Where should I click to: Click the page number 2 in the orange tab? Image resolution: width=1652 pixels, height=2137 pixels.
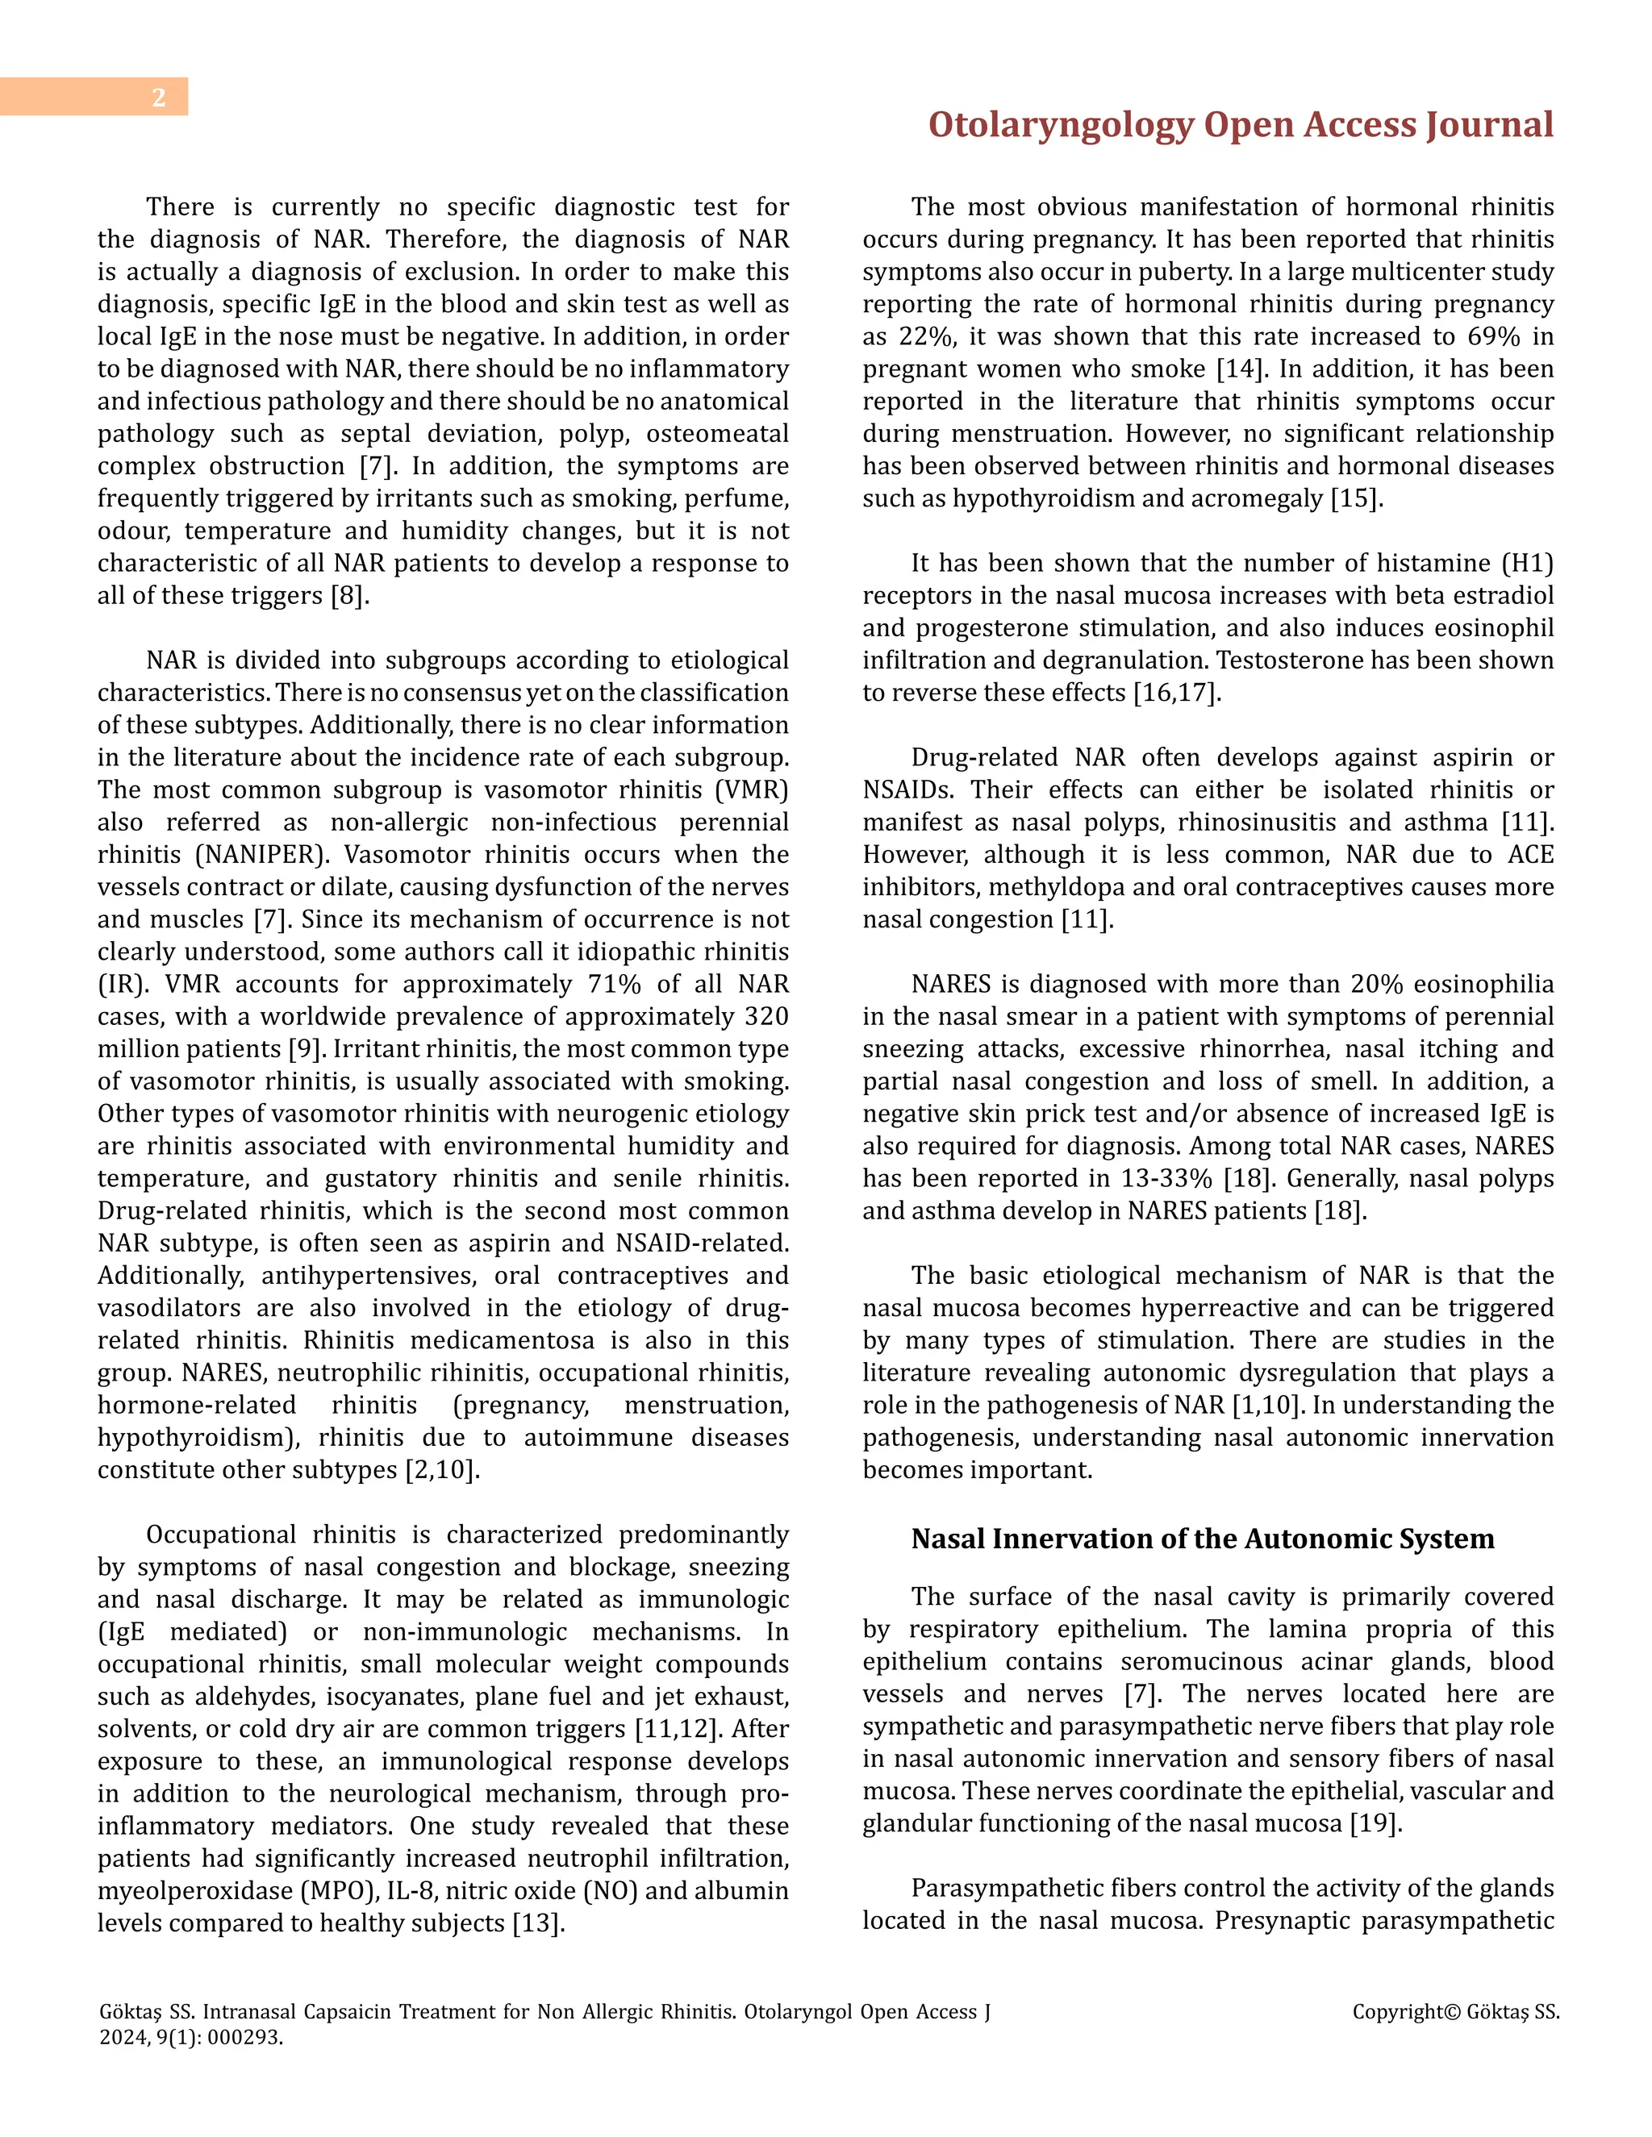[159, 98]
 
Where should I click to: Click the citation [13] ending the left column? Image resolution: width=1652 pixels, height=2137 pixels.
[538, 1922]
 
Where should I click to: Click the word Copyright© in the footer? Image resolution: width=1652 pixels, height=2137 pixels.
[1405, 2013]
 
